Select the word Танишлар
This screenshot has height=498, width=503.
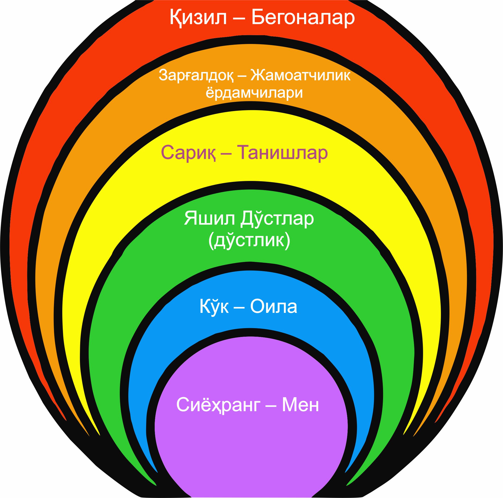[283, 153]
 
